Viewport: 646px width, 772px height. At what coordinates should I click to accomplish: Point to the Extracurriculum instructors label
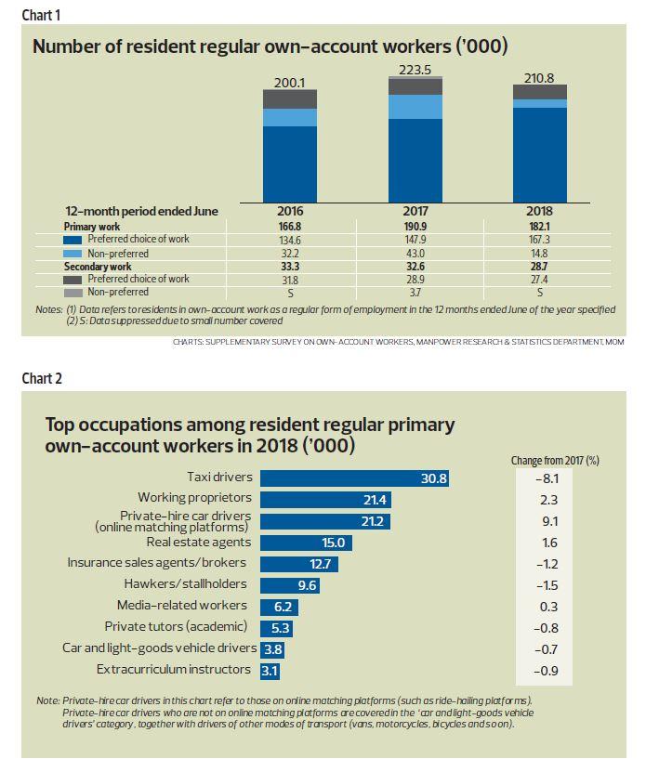(x=174, y=669)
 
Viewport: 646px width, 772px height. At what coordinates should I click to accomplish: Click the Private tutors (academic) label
(x=177, y=626)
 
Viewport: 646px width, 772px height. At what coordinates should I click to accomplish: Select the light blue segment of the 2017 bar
(x=415, y=107)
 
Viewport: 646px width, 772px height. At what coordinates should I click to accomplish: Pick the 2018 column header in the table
(x=539, y=211)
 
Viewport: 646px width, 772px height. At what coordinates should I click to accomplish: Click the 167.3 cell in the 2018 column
(x=539, y=240)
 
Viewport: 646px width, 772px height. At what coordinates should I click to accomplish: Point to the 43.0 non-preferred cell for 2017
(x=415, y=253)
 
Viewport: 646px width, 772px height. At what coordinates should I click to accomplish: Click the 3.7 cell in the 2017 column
(x=415, y=292)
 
